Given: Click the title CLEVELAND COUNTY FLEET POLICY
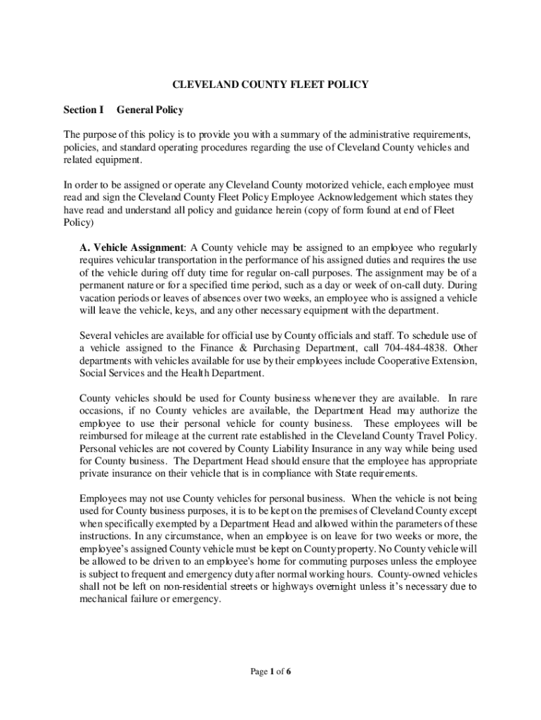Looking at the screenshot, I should coord(270,85).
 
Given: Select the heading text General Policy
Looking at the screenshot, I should coord(150,110).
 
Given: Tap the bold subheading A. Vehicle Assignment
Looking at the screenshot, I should coord(131,247).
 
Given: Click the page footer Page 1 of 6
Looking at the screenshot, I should coord(270,671).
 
